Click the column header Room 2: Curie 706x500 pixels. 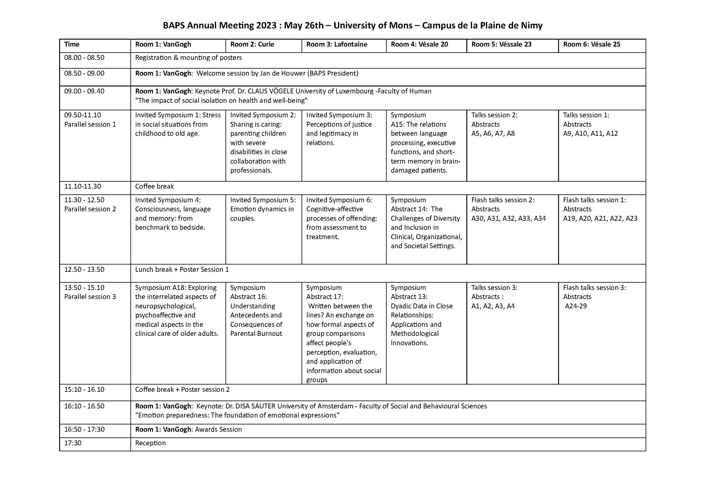[252, 44]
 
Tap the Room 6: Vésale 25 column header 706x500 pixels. [591, 44]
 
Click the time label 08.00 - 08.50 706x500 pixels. [84, 57]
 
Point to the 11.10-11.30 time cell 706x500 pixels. [82, 186]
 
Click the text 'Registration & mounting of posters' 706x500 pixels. [188, 57]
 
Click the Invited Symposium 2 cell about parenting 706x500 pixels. [263, 143]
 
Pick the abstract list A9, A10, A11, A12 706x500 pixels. [590, 133]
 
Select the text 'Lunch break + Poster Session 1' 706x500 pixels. [182, 269]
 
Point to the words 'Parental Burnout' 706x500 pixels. [256, 333]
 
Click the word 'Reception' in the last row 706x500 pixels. [150, 443]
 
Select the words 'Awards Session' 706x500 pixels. [218, 429]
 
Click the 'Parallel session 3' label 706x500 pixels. [90, 297]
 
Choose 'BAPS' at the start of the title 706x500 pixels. [174, 25]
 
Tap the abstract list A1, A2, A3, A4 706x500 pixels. [493, 306]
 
